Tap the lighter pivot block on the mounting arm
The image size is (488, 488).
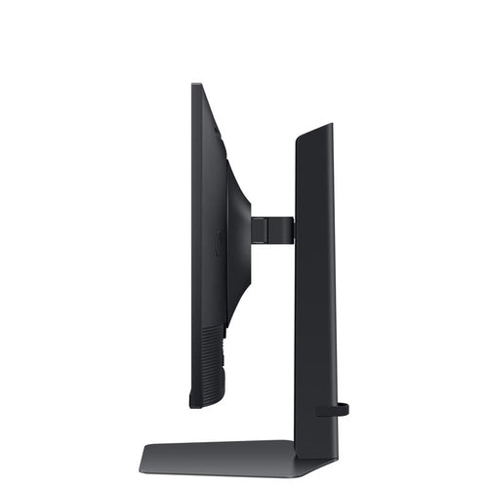click(259, 230)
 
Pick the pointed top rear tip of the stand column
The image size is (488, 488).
click(330, 125)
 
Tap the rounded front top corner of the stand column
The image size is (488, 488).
click(298, 138)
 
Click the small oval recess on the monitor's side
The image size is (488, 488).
click(219, 242)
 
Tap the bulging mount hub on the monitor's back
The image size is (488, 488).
click(240, 234)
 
